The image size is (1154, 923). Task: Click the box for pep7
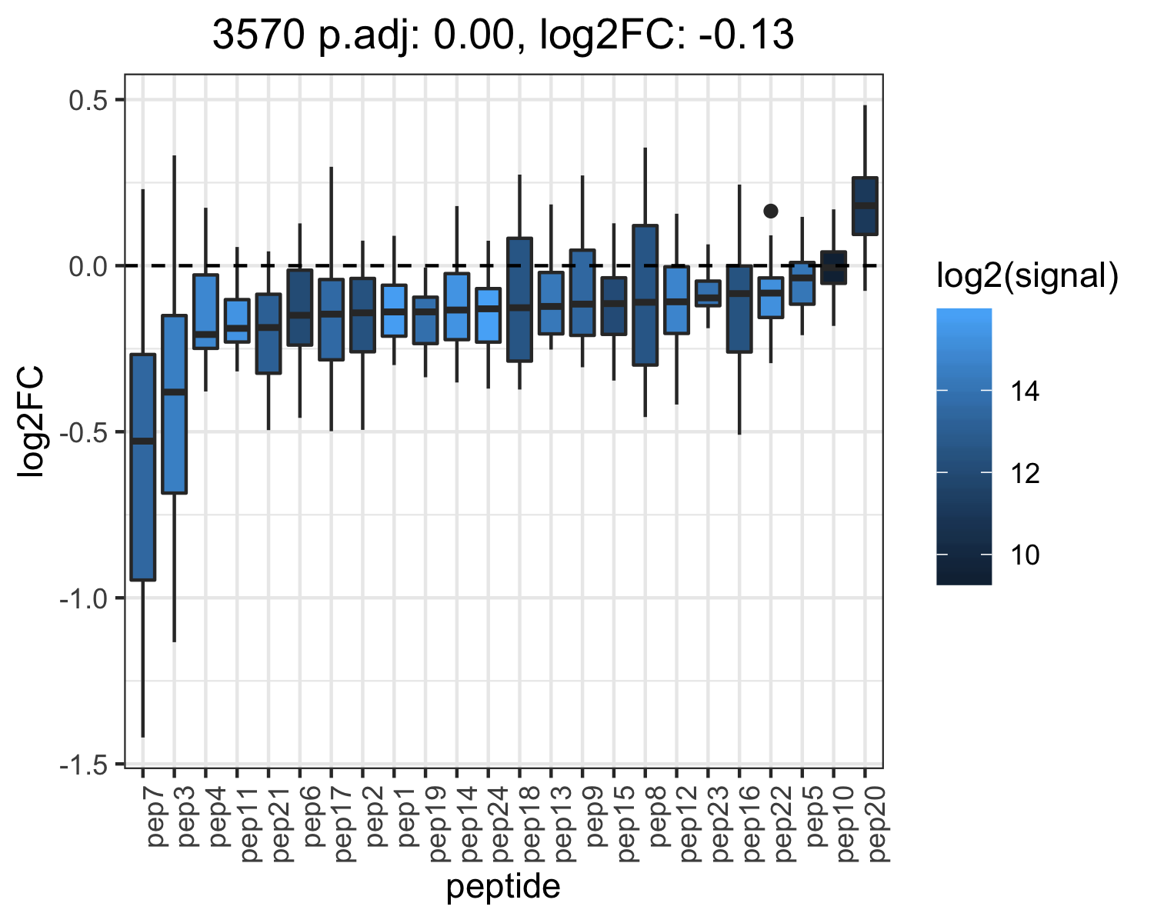[x=142, y=467]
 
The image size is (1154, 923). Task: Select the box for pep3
[x=175, y=404]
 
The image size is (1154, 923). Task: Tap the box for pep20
[x=865, y=206]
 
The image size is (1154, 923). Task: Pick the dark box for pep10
[x=833, y=267]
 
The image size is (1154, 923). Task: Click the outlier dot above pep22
[x=771, y=212]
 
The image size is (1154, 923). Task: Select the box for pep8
[x=645, y=295]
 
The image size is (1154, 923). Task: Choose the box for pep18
[x=519, y=299]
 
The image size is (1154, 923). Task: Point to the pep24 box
[x=488, y=315]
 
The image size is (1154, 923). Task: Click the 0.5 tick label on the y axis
[x=88, y=100]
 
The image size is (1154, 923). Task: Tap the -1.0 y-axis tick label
[x=84, y=598]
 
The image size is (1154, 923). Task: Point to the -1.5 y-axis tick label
[x=84, y=765]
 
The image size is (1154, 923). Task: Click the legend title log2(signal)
[x=1028, y=275]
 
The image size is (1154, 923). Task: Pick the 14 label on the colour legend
[x=1025, y=391]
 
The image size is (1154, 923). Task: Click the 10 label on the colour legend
[x=1025, y=555]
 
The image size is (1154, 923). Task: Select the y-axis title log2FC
[x=30, y=421]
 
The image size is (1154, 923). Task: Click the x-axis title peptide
[x=503, y=888]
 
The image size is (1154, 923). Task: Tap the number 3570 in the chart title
[x=258, y=35]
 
